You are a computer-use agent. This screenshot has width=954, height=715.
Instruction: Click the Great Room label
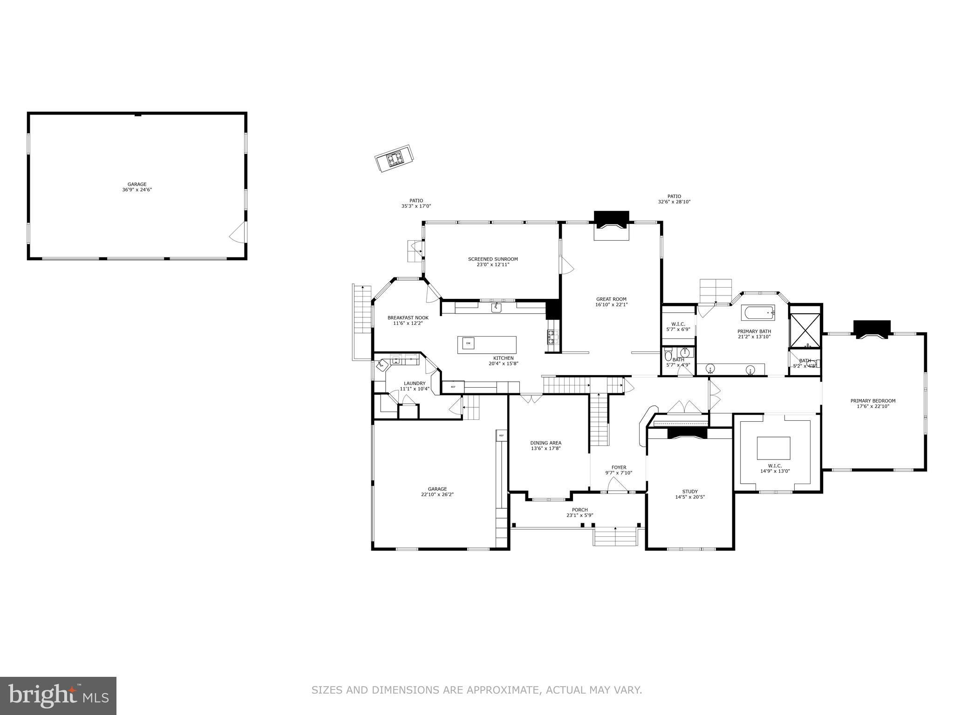tap(611, 299)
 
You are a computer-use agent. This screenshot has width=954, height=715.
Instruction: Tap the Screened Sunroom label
tap(493, 259)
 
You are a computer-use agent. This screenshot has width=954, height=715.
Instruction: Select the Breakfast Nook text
tap(408, 318)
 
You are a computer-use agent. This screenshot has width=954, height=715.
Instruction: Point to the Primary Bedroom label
tap(873, 401)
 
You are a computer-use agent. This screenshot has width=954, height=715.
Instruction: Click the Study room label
tap(690, 492)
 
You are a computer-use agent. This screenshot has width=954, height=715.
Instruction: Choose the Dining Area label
tap(546, 443)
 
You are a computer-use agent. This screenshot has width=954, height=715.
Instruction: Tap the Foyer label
tap(619, 467)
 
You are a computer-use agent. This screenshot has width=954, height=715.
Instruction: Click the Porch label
tap(580, 510)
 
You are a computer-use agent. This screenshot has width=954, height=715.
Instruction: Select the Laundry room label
tap(415, 384)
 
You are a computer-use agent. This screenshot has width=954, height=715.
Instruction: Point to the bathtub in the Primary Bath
tap(758, 312)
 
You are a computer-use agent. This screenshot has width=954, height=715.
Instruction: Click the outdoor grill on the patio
tap(395, 159)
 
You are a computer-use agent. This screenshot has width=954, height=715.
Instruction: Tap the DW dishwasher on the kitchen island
tap(469, 344)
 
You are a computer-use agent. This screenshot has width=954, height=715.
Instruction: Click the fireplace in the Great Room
tap(612, 226)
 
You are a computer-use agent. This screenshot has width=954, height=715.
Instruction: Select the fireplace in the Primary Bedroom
tap(872, 329)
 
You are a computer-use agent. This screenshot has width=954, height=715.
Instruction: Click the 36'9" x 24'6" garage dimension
tap(137, 190)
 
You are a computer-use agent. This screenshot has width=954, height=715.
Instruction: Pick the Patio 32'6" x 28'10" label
tap(674, 199)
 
